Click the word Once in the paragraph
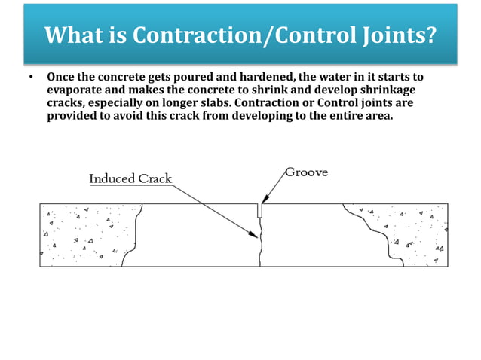coord(61,78)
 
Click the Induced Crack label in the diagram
coord(130,179)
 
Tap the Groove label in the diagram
coord(306,172)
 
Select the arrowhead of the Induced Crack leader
coord(254,234)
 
